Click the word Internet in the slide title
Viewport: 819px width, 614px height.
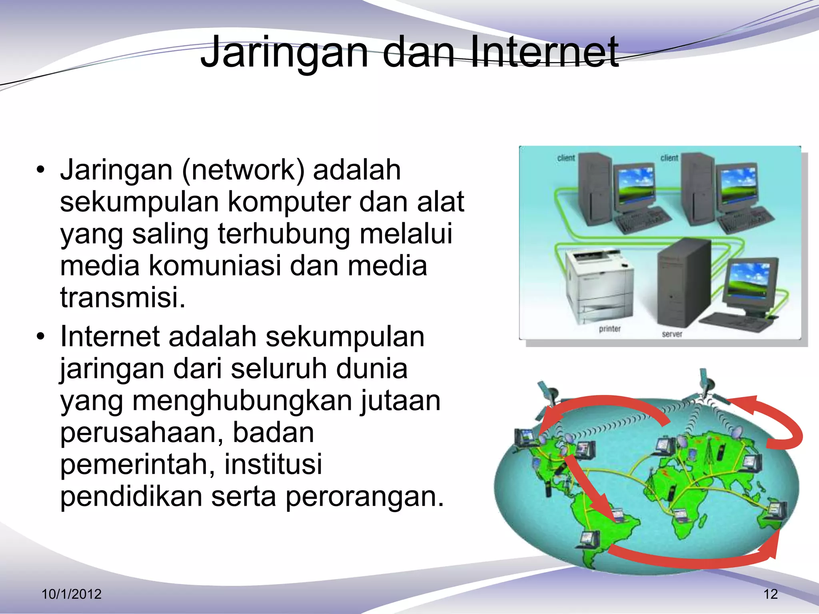544,52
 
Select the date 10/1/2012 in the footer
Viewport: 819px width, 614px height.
72,594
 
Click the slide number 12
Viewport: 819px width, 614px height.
770,594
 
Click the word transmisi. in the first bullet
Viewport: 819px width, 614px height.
123,297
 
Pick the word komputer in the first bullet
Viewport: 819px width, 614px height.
289,202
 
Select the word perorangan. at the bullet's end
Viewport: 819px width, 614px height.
365,496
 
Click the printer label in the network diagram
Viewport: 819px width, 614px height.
609,329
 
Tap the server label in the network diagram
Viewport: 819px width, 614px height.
672,334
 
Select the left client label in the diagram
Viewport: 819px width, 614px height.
566,158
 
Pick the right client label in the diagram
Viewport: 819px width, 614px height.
669,158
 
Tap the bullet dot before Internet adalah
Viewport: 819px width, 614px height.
40,337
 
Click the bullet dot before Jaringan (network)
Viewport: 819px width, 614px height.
40,170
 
